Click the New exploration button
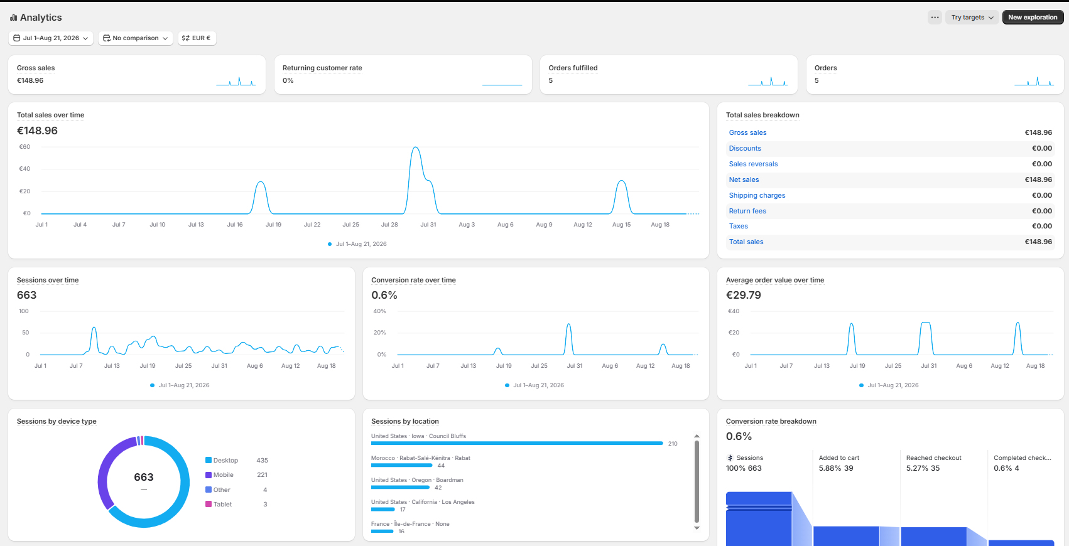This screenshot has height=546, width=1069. pos(1033,17)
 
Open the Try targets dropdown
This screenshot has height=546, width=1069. pos(972,17)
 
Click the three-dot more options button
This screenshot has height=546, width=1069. pos(935,17)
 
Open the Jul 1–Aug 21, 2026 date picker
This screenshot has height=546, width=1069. pos(51,38)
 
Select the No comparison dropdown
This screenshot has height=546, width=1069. pos(136,38)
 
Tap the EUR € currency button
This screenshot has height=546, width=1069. pos(197,38)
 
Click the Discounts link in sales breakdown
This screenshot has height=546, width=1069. pos(744,148)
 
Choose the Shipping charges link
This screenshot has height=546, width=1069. pos(757,195)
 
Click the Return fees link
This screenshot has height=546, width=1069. pos(747,211)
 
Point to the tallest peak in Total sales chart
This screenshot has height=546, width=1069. pos(416,147)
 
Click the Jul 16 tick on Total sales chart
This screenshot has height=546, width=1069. pos(235,225)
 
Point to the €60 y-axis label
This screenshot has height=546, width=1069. pos(24,146)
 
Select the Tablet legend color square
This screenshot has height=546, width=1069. pos(209,504)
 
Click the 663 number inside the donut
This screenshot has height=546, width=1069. pos(144,478)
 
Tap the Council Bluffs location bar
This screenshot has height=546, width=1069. pos(517,444)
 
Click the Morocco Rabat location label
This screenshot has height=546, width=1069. pos(420,458)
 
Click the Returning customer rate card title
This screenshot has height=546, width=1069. pos(322,68)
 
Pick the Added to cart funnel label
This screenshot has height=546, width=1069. pos(839,458)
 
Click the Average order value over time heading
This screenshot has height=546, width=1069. pos(775,280)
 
